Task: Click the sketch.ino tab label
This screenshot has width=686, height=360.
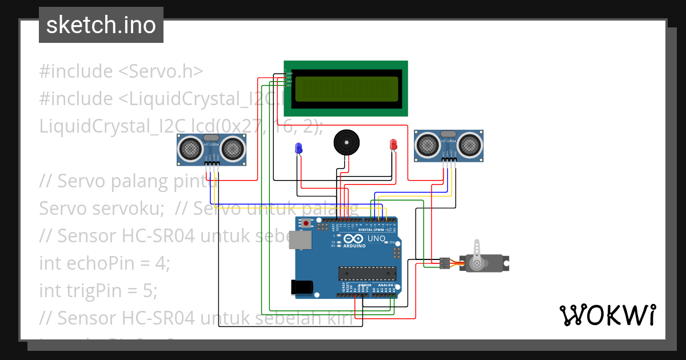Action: (x=101, y=25)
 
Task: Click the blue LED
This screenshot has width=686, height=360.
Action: (x=298, y=149)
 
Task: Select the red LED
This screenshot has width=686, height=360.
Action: (x=393, y=145)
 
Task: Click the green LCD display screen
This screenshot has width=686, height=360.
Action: (x=346, y=88)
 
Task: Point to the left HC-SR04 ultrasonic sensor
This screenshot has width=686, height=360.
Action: (x=212, y=149)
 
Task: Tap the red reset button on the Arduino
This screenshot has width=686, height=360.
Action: (x=307, y=223)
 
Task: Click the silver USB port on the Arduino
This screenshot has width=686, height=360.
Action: (x=300, y=242)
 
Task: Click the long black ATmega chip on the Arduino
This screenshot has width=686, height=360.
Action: (x=367, y=274)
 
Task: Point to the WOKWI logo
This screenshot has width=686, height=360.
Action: (x=607, y=315)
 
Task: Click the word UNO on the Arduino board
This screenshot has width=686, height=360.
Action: (x=376, y=238)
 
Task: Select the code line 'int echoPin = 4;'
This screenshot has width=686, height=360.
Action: (x=105, y=263)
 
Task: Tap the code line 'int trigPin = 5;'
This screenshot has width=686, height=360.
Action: (x=98, y=291)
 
